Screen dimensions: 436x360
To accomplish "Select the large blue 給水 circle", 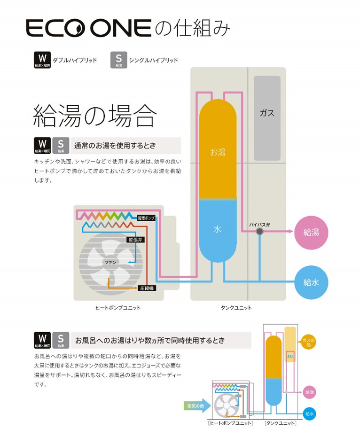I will [311, 282].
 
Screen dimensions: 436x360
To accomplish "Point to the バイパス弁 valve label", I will [259, 225].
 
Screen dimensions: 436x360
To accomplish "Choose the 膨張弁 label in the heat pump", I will [135, 240].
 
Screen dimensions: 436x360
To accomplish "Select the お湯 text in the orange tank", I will [218, 152].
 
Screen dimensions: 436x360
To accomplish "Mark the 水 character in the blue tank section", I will [217, 229].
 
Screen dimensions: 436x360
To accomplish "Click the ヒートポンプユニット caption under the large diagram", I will [118, 308].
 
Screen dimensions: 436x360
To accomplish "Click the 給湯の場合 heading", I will [94, 116].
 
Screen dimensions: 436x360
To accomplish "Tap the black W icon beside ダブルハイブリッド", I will [42, 60].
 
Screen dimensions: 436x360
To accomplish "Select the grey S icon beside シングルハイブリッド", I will [118, 60].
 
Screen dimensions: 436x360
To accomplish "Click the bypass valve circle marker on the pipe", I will [259, 231].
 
